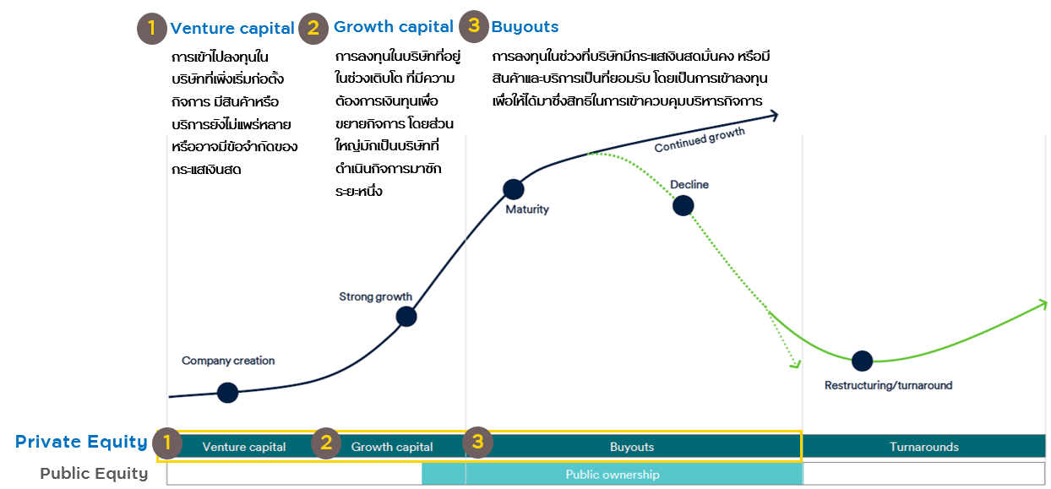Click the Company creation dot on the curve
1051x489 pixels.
227,393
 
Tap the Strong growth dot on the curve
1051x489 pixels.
406,317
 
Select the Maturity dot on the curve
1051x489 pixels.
514,189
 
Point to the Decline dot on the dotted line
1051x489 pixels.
683,205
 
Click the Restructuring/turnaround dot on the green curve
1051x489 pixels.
862,361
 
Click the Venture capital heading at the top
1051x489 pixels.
231,28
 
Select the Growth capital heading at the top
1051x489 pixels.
393,27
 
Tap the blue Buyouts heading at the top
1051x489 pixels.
525,27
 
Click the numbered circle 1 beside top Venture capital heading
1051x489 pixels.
151,29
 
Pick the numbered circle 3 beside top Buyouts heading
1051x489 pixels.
474,26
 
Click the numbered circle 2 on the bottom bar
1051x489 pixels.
326,443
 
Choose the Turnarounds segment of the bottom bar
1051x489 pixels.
924,446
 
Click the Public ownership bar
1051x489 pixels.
613,474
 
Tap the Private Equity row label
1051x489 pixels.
81,442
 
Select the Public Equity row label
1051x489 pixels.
94,474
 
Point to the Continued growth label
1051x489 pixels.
700,139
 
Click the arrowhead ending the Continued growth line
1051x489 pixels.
774,116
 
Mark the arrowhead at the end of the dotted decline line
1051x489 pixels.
795,363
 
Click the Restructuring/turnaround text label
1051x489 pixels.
888,385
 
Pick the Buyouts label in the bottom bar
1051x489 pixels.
632,447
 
